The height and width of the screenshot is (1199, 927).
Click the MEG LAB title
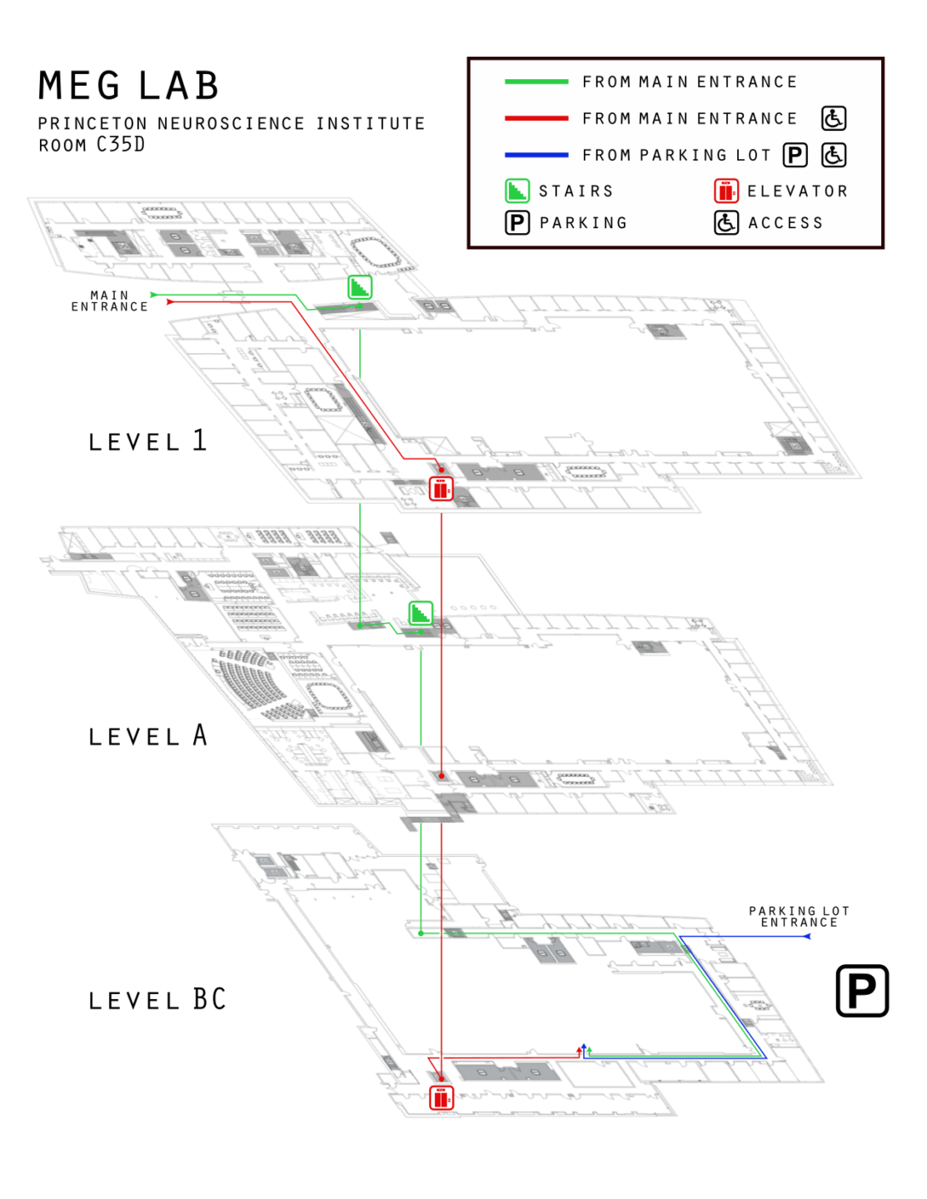(129, 86)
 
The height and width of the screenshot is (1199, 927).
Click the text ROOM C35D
(92, 145)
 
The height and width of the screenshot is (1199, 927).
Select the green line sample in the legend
(536, 82)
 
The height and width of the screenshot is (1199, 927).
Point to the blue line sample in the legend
(536, 155)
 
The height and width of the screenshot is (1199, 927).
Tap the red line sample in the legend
(536, 118)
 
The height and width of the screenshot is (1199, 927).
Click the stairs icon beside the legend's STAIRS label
(517, 191)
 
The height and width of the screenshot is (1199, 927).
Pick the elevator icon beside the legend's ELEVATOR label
(725, 191)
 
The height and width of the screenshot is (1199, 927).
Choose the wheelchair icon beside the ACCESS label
(725, 222)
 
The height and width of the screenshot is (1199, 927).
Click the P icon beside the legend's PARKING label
(517, 222)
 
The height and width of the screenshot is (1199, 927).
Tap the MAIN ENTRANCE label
(110, 301)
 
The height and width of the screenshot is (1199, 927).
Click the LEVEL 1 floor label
(147, 441)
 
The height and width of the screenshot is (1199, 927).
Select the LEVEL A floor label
(147, 736)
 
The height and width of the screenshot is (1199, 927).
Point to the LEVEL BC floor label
(157, 999)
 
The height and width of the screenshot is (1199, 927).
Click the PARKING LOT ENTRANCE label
(799, 917)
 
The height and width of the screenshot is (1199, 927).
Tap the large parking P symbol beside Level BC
(862, 991)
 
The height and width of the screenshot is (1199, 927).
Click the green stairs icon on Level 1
(360, 287)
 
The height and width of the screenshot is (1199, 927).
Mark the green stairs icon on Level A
(421, 614)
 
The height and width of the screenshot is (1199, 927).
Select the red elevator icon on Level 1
(441, 489)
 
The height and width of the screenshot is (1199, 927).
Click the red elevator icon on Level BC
(441, 1097)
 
